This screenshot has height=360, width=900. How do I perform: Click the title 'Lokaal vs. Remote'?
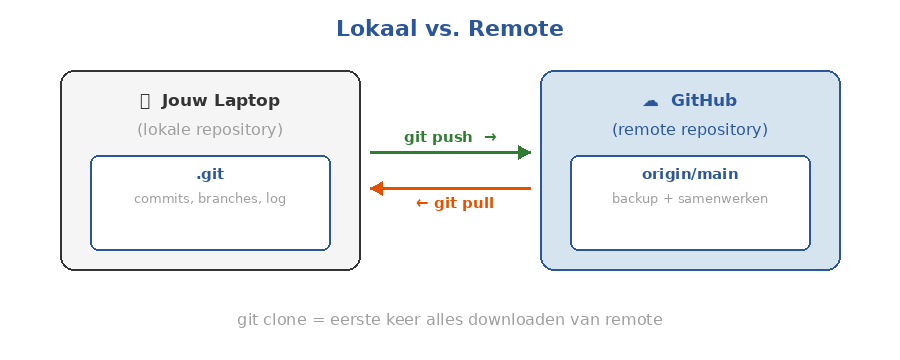click(x=449, y=29)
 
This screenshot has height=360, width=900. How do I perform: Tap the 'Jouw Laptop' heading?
click(x=220, y=101)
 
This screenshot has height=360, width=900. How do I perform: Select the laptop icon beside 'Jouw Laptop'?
click(x=145, y=101)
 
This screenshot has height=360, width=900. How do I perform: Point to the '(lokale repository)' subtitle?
click(x=210, y=130)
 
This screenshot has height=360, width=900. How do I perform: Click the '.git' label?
click(x=210, y=174)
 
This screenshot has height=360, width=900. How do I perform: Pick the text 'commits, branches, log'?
click(x=210, y=199)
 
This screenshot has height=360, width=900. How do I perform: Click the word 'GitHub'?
click(x=704, y=101)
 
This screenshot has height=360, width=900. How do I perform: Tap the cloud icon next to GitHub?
click(x=650, y=101)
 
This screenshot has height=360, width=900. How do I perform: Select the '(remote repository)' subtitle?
click(x=690, y=130)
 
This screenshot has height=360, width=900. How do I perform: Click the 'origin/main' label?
click(x=690, y=174)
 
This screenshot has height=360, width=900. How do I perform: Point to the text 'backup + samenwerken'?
click(x=690, y=199)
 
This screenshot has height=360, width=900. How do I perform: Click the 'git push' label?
click(x=438, y=137)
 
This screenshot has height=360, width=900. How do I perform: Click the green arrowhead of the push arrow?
click(x=523, y=153)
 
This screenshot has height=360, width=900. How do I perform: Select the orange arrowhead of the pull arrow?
click(x=377, y=188)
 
